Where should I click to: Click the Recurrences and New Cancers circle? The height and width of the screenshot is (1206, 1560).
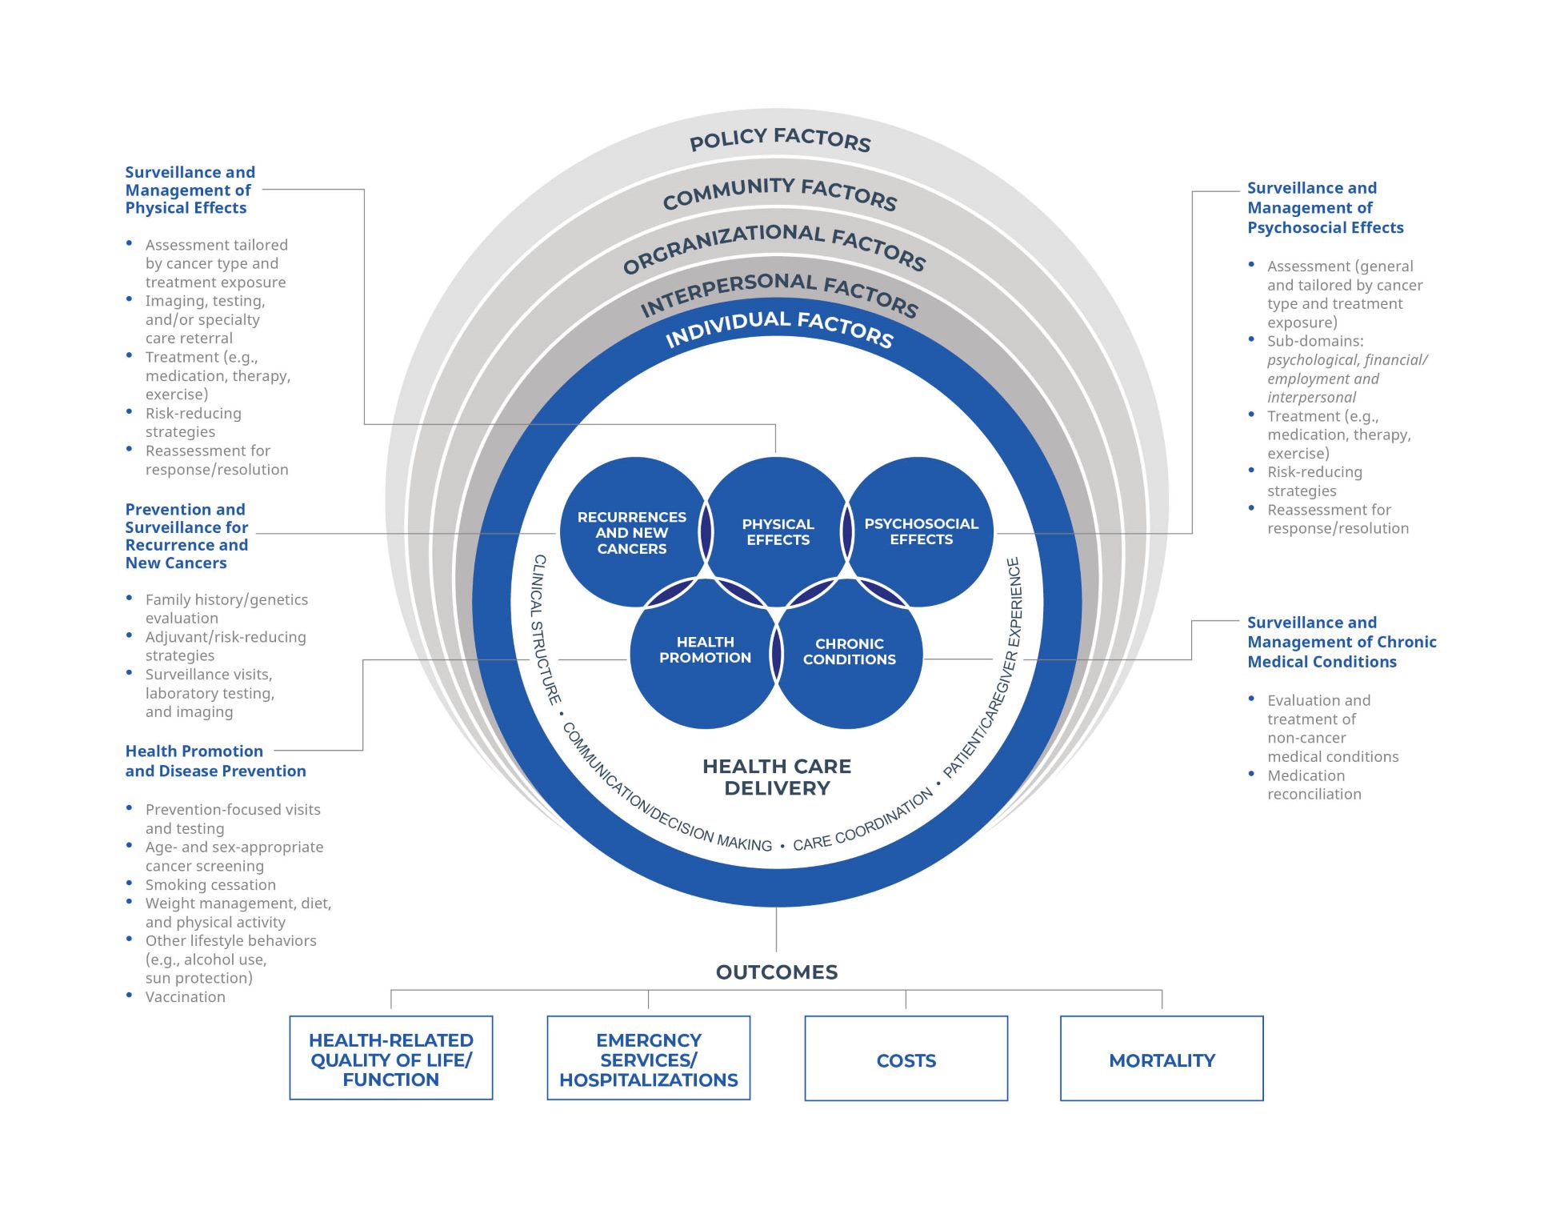coord(631,532)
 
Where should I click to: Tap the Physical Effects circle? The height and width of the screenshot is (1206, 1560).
coord(777,532)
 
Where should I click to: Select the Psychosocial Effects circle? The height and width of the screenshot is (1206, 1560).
coord(921,531)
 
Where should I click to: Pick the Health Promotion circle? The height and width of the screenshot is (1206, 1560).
coord(705,650)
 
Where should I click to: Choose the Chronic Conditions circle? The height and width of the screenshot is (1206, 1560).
coord(849,651)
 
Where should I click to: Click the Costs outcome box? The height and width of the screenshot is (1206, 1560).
coord(906,1060)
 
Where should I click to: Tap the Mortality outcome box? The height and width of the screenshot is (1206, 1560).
coord(1162,1060)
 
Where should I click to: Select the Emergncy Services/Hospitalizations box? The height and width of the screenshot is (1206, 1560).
coord(648,1060)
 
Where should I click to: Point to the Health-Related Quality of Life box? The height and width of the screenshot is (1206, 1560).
coord(390,1060)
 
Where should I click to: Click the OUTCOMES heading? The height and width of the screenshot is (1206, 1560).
coord(776,972)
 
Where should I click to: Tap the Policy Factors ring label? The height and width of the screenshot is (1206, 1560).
coord(780,139)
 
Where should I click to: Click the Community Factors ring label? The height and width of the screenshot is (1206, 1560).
coord(780,193)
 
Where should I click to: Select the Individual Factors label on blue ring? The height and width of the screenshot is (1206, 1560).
coord(779,327)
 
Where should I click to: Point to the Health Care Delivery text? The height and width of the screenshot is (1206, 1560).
coord(776,777)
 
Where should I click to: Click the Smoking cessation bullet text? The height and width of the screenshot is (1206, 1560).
coord(210,884)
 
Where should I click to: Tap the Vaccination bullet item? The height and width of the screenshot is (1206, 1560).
coord(185,997)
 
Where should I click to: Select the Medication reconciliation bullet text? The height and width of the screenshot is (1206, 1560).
coord(1314,785)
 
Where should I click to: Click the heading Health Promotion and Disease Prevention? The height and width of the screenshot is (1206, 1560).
coord(215,761)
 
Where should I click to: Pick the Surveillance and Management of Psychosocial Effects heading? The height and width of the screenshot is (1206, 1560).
coord(1325,208)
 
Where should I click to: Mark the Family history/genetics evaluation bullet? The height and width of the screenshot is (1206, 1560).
coord(226,609)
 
